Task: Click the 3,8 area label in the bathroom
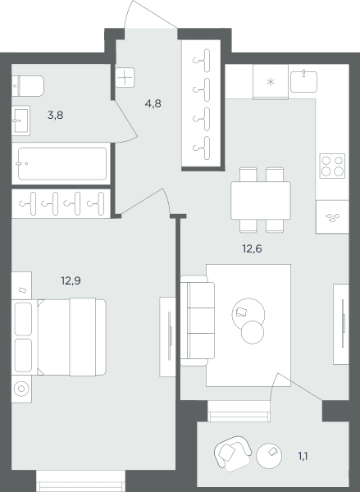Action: point(55,116)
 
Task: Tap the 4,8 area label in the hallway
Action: point(153,103)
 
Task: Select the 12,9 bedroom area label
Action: point(71,280)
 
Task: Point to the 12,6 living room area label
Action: point(252,248)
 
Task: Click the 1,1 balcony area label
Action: point(303,456)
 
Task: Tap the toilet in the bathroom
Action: point(28,86)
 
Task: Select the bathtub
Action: point(62,163)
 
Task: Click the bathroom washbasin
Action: point(21,121)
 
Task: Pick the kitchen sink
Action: point(303,81)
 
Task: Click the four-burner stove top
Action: point(332,166)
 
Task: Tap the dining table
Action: point(261,201)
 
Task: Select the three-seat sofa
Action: point(198,321)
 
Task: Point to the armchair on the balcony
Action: point(233,453)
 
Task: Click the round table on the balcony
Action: point(269,456)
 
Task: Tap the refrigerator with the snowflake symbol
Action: point(271,81)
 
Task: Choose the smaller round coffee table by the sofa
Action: point(253,332)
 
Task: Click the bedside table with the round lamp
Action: point(21,389)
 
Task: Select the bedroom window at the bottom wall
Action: point(80,481)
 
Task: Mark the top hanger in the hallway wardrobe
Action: point(203,60)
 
